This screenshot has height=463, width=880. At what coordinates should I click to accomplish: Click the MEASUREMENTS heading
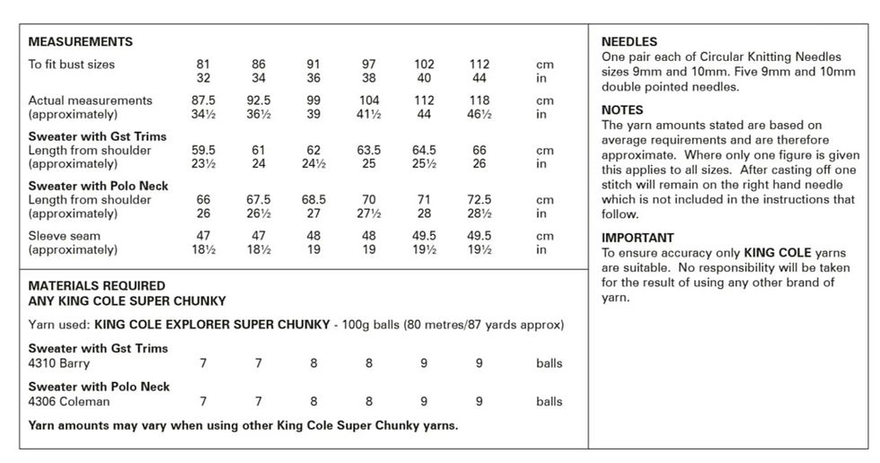80,41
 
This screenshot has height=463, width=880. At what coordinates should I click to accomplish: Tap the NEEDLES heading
629,41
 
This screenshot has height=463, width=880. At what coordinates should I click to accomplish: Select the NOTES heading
622,109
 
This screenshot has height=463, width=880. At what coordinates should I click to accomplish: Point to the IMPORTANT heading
638,238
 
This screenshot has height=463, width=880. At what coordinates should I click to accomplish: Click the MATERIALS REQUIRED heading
97,286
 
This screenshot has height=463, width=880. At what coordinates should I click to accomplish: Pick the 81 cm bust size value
203,65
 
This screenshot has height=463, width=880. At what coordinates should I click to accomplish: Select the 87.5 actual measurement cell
203,100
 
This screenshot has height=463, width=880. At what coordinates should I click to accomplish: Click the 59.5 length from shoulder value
203,150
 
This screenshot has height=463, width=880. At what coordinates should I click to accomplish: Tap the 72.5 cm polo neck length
480,199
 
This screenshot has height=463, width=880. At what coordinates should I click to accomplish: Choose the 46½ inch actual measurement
480,114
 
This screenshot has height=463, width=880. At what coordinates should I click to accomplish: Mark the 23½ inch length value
203,163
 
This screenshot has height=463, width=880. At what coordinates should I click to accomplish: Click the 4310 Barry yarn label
59,363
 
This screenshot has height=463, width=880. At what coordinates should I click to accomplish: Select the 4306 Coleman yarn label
69,401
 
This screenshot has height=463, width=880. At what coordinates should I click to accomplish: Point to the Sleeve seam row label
65,236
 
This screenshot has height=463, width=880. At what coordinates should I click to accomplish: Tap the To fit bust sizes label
71,65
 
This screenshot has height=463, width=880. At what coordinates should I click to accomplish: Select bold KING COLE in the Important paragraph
778,253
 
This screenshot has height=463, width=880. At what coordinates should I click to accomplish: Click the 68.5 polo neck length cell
313,199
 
